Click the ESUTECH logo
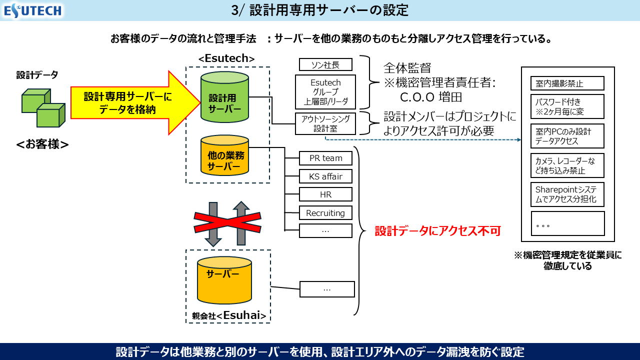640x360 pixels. [x=32, y=10]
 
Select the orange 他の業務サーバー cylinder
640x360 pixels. [x=224, y=156]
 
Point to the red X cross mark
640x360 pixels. [x=227, y=223]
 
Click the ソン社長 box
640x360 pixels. [x=325, y=64]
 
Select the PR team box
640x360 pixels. [x=325, y=158]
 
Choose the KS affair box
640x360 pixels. [x=325, y=176]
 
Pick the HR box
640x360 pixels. [x=325, y=194]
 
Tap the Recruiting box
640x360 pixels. [x=325, y=213]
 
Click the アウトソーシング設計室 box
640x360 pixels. [x=325, y=123]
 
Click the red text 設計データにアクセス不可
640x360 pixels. [x=437, y=231]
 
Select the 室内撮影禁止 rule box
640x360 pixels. [x=567, y=83]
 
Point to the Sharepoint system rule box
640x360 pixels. [x=567, y=195]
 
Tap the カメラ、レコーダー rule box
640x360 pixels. [x=567, y=165]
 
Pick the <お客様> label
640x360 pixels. [x=42, y=144]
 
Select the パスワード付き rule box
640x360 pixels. [x=567, y=106]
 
